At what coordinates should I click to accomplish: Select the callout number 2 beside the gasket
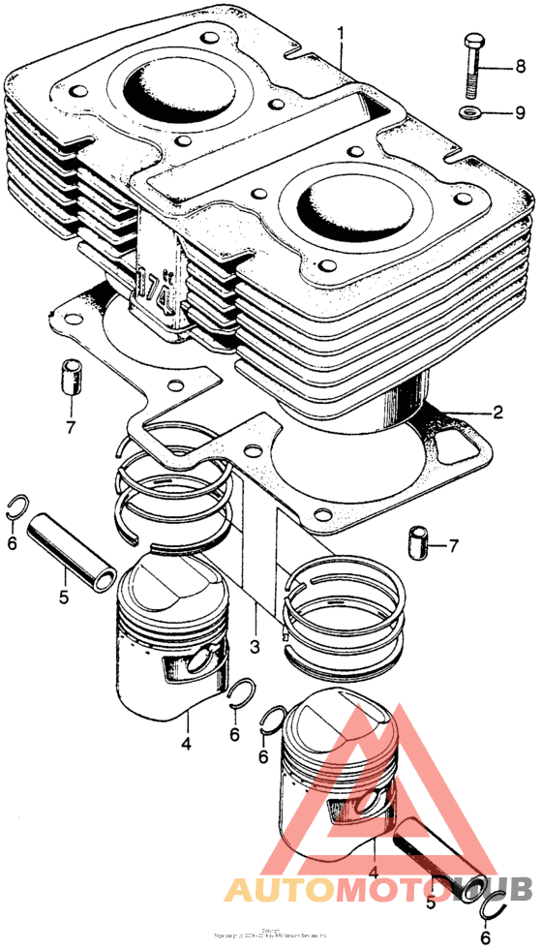point(497,413)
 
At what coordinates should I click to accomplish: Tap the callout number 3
point(255,646)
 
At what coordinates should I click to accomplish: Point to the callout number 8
point(520,67)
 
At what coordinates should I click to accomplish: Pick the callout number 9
point(520,113)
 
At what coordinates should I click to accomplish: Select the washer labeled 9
point(473,114)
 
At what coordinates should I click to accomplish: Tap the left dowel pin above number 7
point(70,376)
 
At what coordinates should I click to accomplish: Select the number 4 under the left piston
point(184,744)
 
